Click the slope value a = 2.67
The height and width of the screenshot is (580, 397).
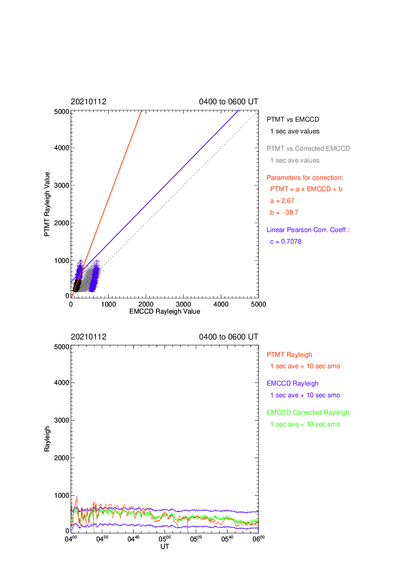click(x=282, y=201)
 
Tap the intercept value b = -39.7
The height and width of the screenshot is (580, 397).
click(x=284, y=212)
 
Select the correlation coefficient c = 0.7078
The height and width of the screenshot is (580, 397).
click(x=285, y=242)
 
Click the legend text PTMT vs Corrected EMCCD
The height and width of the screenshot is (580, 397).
click(x=308, y=148)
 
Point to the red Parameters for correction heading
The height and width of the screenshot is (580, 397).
click(x=305, y=178)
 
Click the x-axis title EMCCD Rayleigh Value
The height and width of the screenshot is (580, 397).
click(x=165, y=311)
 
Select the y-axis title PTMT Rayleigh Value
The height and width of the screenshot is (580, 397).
click(x=47, y=204)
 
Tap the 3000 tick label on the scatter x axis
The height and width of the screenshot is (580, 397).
click(x=183, y=304)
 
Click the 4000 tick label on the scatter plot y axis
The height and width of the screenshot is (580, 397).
click(x=62, y=148)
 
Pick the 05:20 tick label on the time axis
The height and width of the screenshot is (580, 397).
click(x=196, y=539)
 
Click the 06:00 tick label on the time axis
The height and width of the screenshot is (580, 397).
click(x=259, y=539)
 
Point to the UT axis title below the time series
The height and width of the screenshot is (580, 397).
click(x=165, y=546)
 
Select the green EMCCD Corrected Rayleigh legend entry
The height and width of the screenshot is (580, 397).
click(x=308, y=413)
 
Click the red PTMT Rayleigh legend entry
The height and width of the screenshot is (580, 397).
click(x=289, y=354)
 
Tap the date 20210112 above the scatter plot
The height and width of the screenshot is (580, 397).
click(x=89, y=101)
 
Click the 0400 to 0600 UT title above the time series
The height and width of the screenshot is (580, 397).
click(x=228, y=337)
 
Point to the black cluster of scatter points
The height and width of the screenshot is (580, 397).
click(x=77, y=286)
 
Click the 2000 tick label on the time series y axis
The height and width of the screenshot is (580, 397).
click(x=62, y=458)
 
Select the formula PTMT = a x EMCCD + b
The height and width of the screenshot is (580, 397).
click(x=306, y=189)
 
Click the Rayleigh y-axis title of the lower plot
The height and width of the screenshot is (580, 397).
click(x=47, y=439)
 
